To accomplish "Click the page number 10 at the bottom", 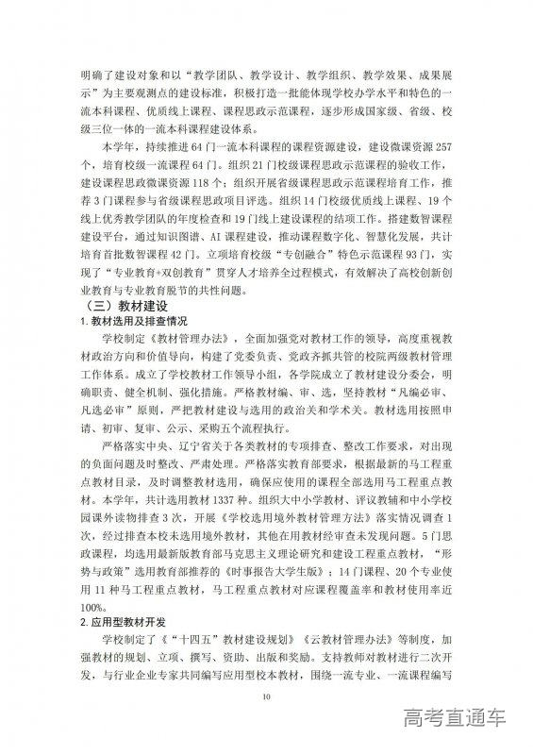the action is (x=267, y=696).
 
